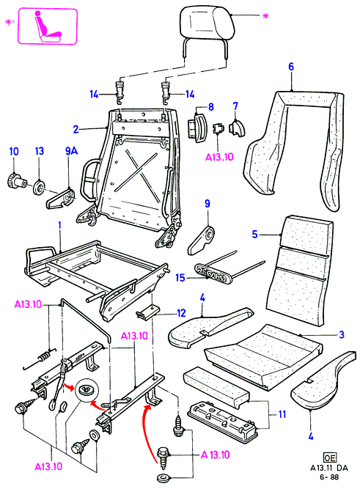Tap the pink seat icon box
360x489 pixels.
pos(48,26)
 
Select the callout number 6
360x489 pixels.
pos(291,67)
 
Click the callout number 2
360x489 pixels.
pos(76,130)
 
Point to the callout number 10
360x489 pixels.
pos(14,152)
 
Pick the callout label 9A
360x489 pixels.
pos(71,151)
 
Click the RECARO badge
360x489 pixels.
pos(213,273)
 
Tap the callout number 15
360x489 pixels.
pos(180,278)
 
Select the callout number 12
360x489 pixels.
pos(181,313)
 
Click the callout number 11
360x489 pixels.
pos(282,414)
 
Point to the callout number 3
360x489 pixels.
pos(342,334)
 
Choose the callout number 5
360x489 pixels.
pos(255,234)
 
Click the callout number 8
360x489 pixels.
pos(211,106)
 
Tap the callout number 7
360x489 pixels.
pos(235,106)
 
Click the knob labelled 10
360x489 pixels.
pos(17,181)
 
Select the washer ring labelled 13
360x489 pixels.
pos(39,187)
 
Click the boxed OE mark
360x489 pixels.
pos(330,457)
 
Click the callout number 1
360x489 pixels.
pos(59,225)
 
